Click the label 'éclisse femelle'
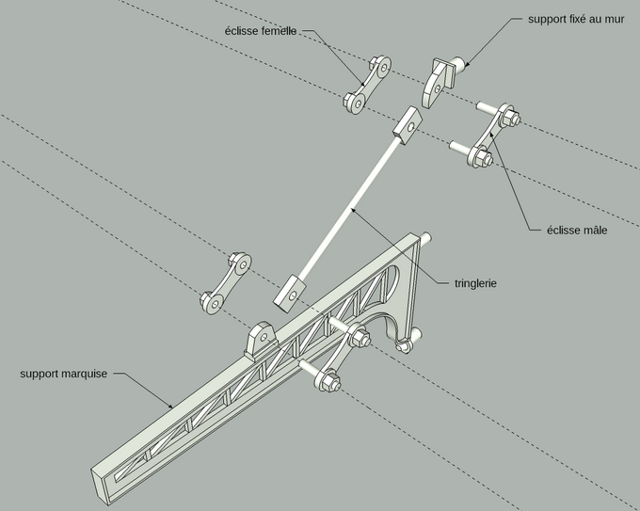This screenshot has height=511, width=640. (261, 31)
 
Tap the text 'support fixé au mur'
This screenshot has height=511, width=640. (576, 19)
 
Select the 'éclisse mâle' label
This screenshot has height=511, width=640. (577, 231)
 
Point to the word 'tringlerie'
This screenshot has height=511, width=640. (475, 283)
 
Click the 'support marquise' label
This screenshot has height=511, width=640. (64, 374)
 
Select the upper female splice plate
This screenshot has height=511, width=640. (367, 85)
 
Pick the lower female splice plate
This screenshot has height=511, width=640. (226, 282)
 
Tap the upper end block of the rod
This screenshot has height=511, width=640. (408, 125)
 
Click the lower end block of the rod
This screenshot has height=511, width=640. (289, 295)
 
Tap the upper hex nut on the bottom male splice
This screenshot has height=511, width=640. (360, 337)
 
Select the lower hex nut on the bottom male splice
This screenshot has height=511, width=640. (330, 381)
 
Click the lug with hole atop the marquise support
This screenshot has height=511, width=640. (262, 339)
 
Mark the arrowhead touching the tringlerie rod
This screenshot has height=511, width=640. (354, 211)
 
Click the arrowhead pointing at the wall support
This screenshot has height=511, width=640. (466, 64)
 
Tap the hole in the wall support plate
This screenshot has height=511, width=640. (438, 88)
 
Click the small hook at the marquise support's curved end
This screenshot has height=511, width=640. (403, 346)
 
